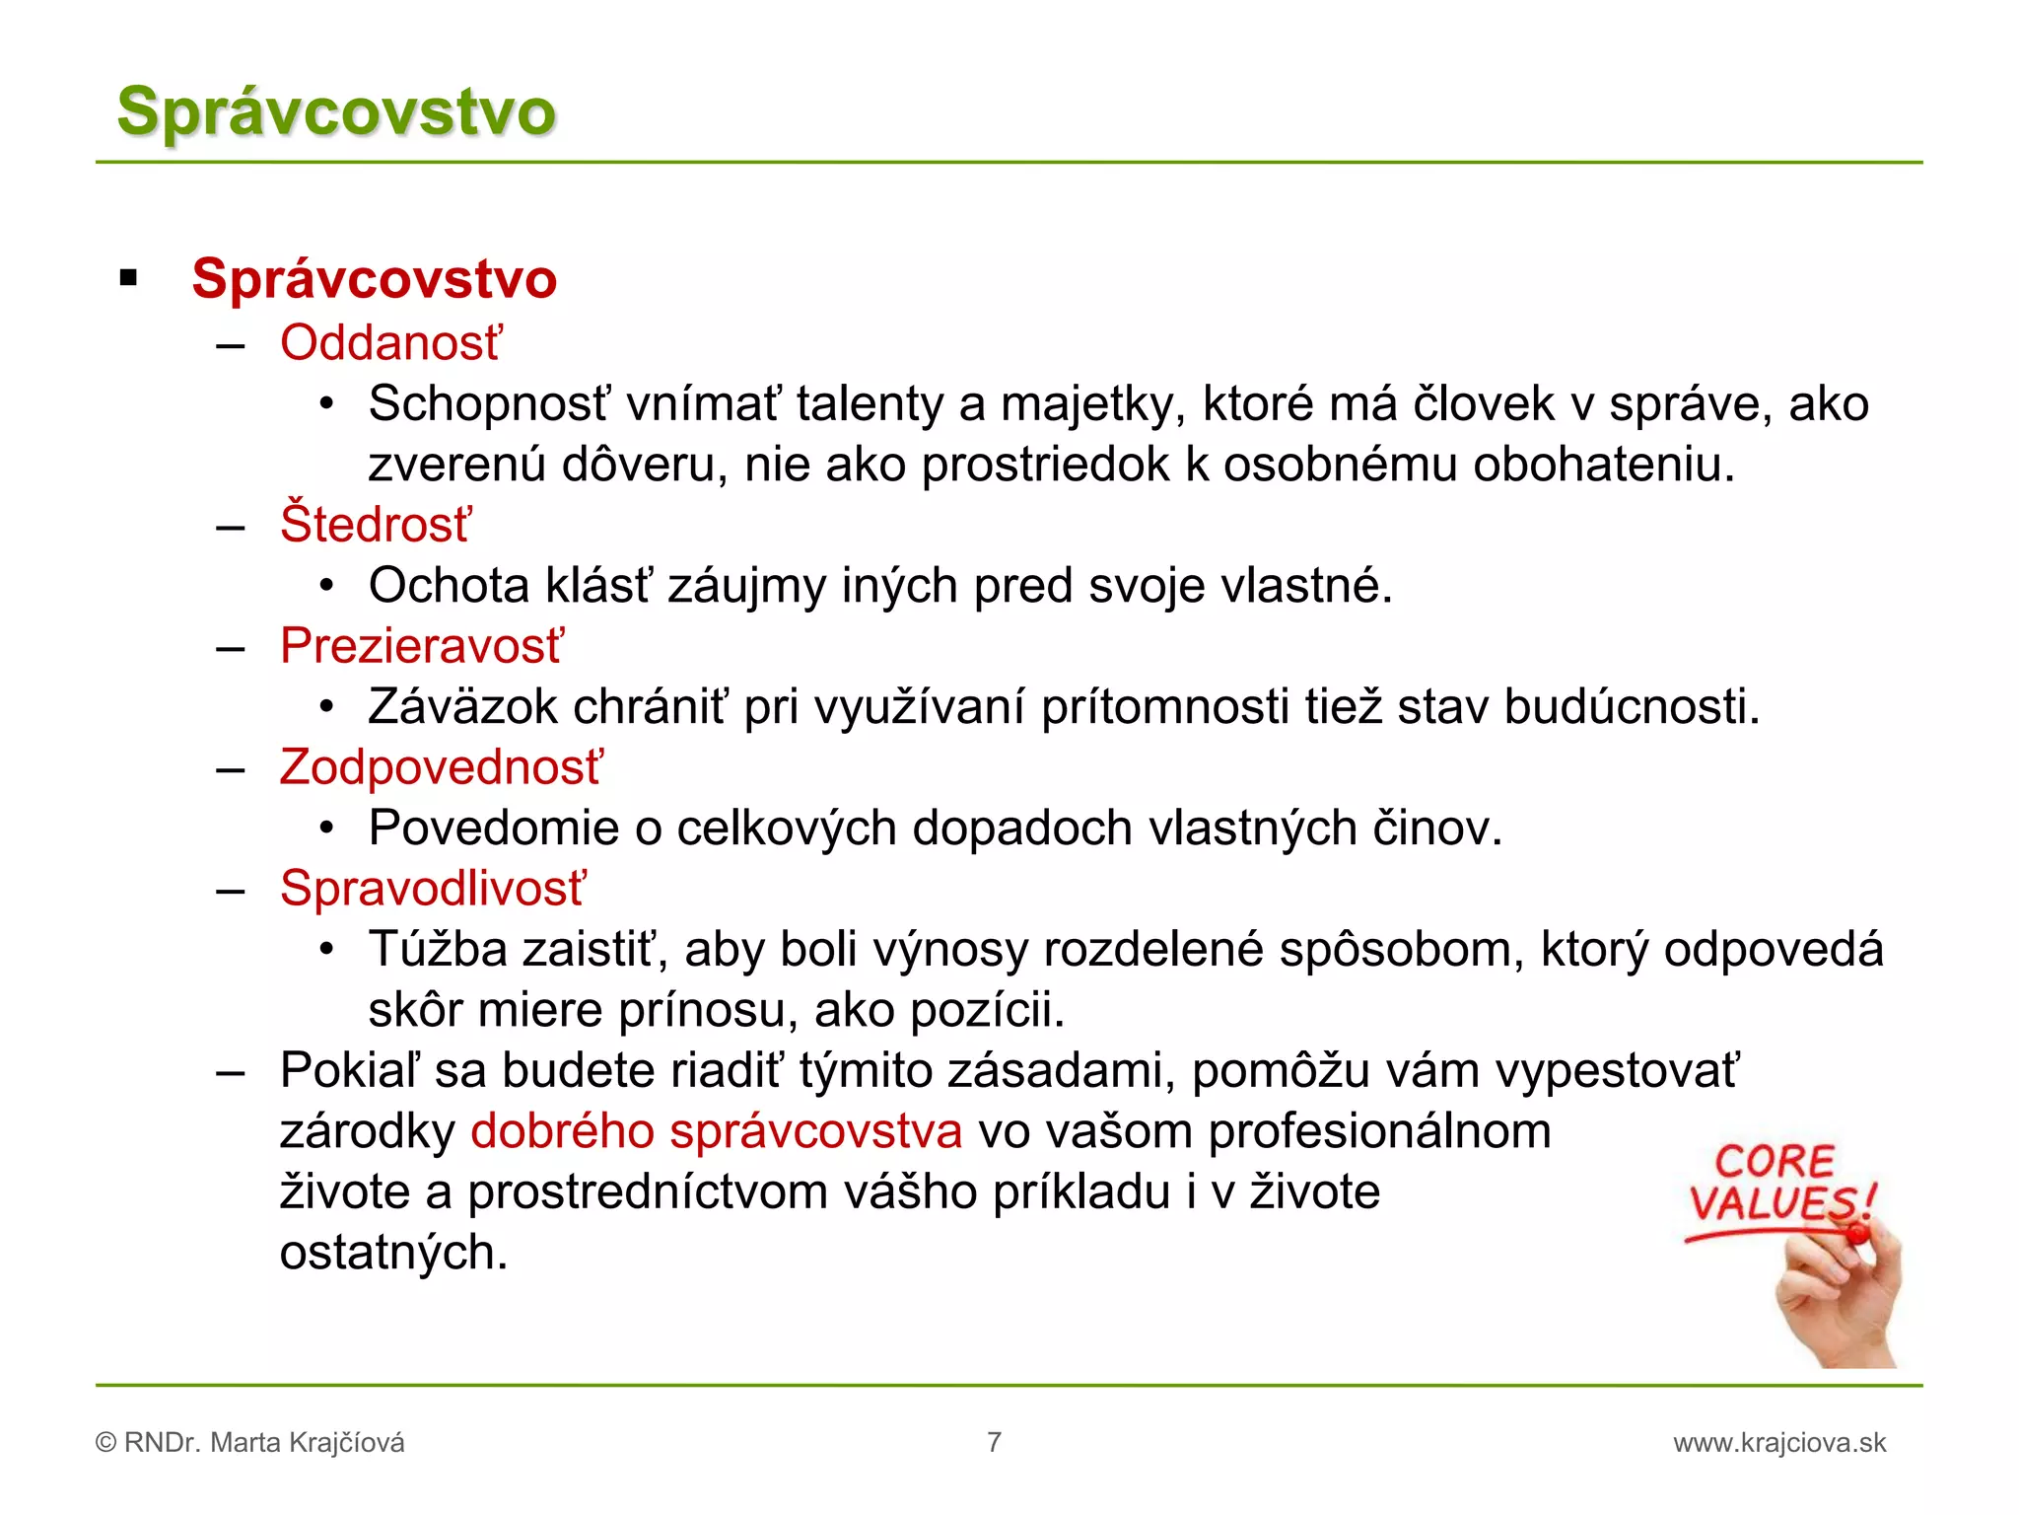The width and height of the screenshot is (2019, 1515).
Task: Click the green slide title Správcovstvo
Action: tap(336, 111)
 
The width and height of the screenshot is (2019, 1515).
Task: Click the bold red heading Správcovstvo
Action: tap(374, 278)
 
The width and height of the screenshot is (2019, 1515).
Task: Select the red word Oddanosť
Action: tap(390, 343)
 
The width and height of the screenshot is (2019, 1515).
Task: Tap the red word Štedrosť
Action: tap(376, 524)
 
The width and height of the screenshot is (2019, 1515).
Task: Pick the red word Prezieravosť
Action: tap(422, 646)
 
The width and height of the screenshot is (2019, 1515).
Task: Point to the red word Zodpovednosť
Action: tap(441, 767)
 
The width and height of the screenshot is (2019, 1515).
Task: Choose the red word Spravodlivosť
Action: tap(433, 889)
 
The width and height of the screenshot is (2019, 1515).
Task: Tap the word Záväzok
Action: tap(462, 707)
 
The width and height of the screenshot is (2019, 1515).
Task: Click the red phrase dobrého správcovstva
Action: tap(716, 1131)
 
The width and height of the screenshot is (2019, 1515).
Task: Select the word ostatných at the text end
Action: tap(392, 1253)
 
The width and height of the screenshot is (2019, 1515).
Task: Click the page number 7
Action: tap(994, 1442)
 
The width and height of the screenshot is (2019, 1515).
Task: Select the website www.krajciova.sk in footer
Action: tap(1778, 1443)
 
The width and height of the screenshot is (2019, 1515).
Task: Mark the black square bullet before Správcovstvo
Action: tap(128, 278)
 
